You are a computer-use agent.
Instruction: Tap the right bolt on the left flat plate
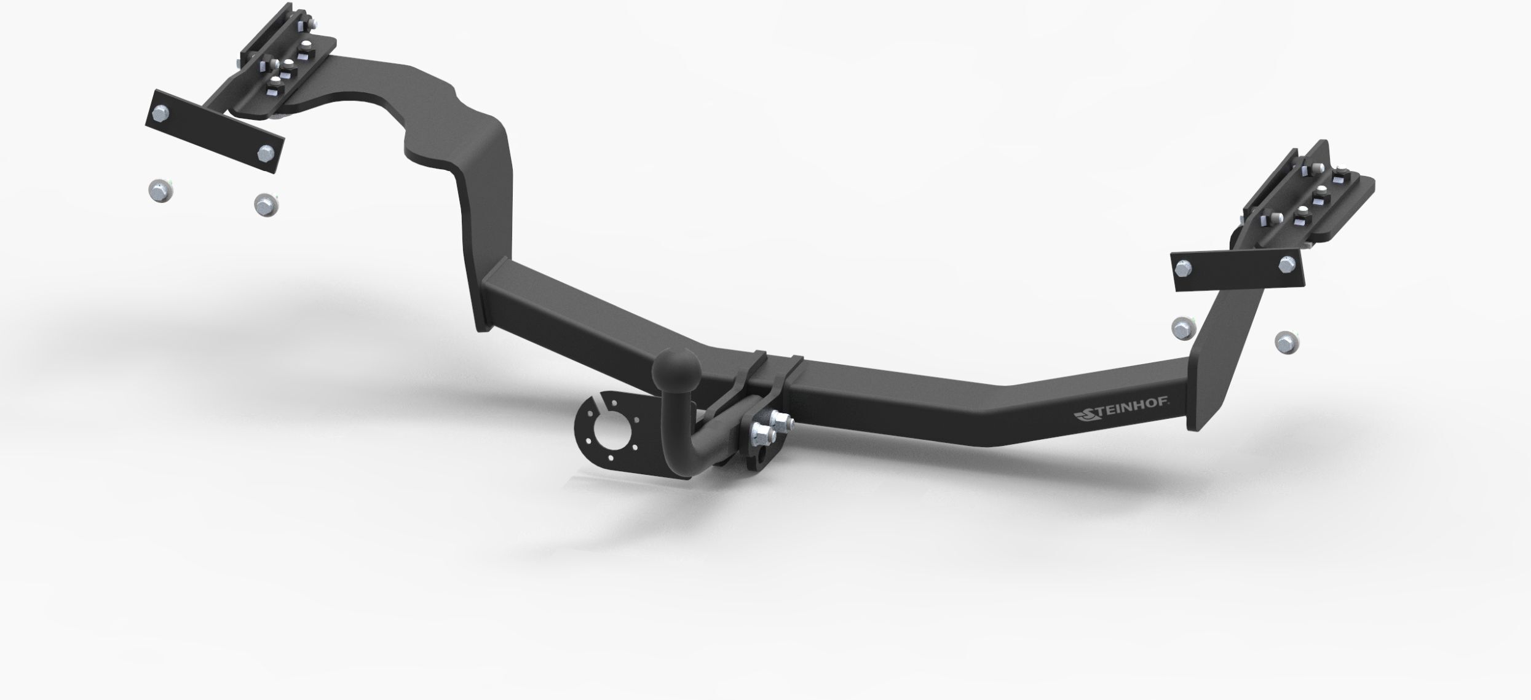coord(266,153)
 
